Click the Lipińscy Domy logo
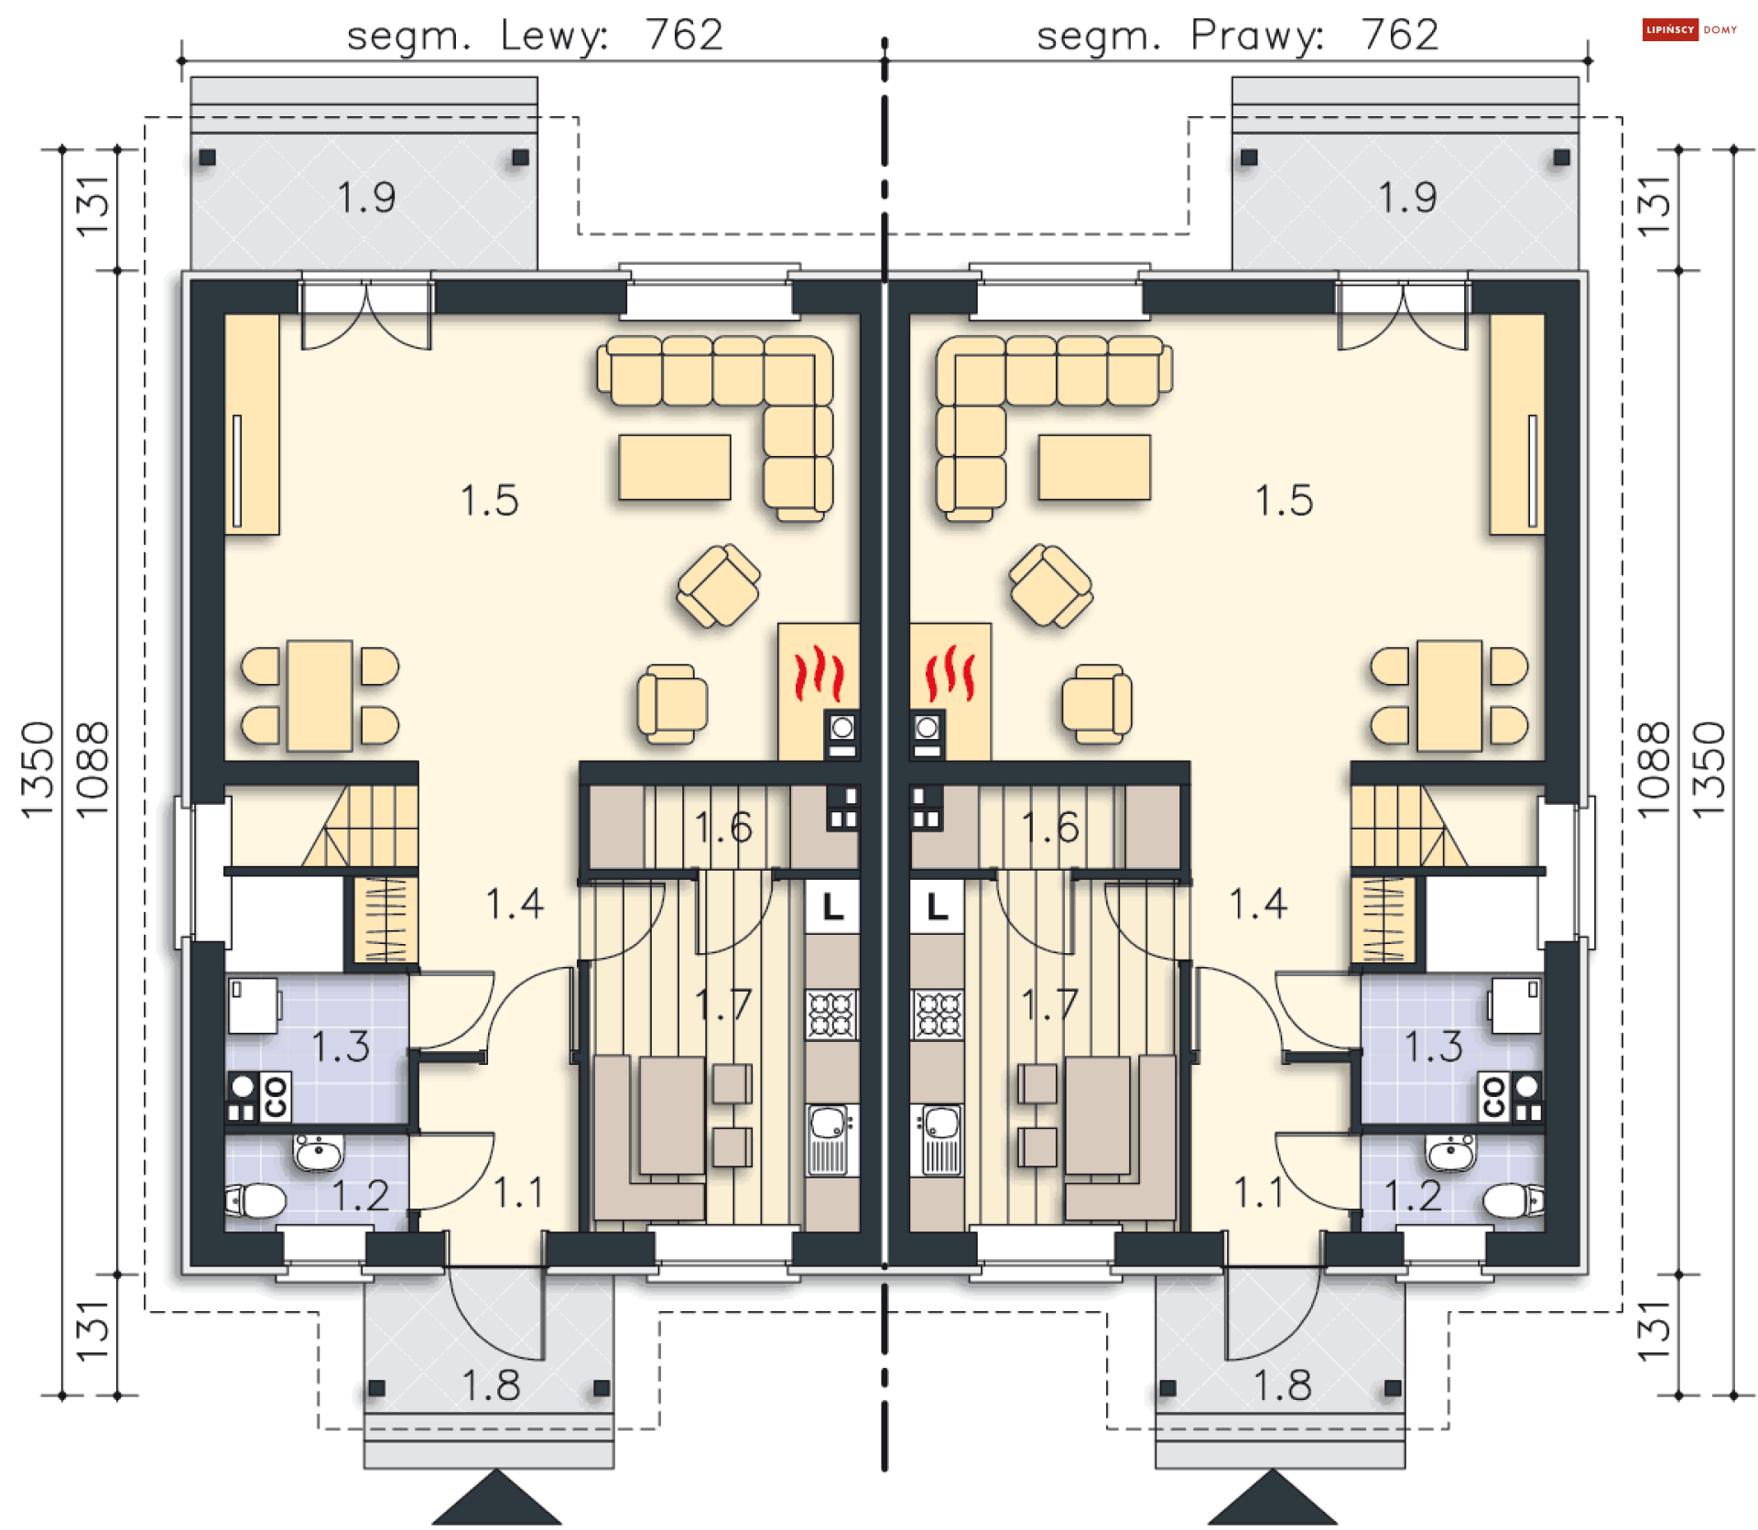click(1689, 29)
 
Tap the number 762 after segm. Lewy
click(684, 35)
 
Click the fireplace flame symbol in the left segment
click(818, 673)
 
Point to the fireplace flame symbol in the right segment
click(950, 673)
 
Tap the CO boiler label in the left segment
click(275, 1096)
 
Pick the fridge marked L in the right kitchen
click(937, 906)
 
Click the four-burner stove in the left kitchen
click(831, 1015)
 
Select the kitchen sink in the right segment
click(937, 1139)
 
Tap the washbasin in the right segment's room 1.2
click(1450, 1153)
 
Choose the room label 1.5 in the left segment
click(489, 501)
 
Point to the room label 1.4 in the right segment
click(1258, 904)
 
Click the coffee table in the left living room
click(675, 467)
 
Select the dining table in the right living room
click(1449, 696)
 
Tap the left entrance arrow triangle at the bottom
click(496, 1499)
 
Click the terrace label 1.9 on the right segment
click(1407, 197)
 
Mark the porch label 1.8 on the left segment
click(491, 1385)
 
